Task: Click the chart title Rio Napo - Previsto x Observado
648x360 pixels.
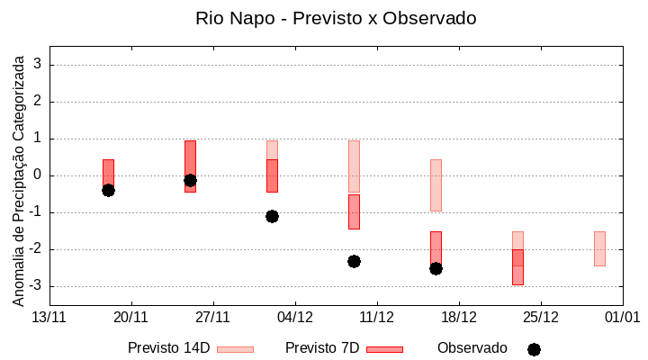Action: coord(336,18)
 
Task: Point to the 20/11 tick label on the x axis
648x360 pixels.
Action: coord(131,317)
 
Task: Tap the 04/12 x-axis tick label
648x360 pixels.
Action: coord(295,317)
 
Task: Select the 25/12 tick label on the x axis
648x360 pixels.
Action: coord(541,317)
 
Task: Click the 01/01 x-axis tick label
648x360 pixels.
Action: coord(622,317)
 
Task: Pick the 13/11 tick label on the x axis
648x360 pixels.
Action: coord(49,317)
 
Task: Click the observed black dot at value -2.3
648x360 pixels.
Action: coord(354,261)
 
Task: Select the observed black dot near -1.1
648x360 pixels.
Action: coord(272,216)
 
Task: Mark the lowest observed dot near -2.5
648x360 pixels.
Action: coord(436,268)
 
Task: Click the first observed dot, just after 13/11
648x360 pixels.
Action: coord(108,190)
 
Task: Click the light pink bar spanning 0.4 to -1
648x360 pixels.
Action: coord(436,184)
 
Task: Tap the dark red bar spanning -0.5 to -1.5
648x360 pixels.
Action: coord(354,211)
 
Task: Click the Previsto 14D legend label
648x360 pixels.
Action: coord(168,348)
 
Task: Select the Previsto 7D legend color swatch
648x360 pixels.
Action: coord(384,349)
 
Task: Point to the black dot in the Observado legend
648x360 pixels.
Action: coord(534,349)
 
